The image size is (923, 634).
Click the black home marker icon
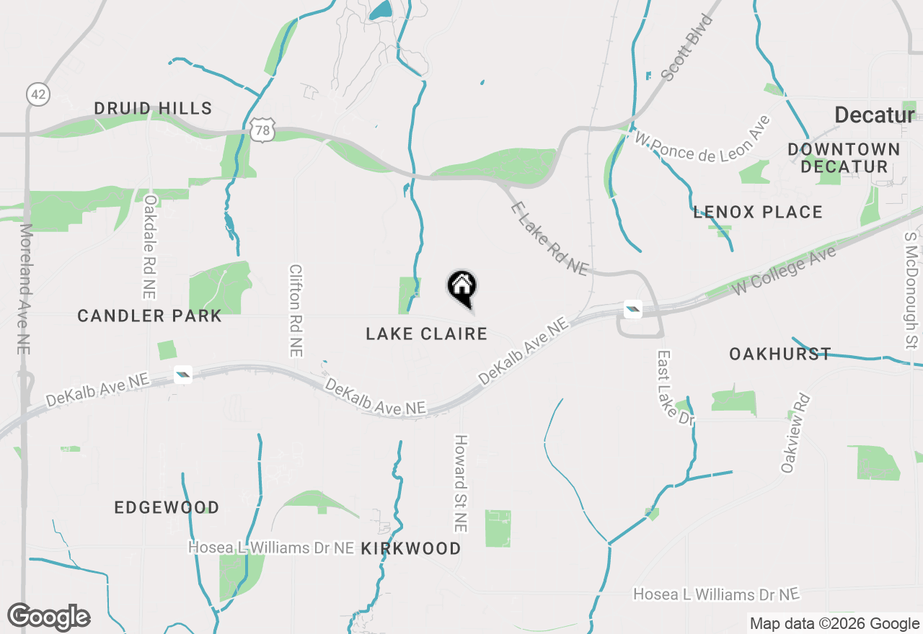click(x=462, y=287)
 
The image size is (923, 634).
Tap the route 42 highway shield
click(x=37, y=94)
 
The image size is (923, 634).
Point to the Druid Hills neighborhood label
click(x=153, y=109)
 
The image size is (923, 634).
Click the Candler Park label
click(x=149, y=316)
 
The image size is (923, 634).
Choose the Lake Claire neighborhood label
click(x=426, y=334)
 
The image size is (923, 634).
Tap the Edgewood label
click(x=167, y=507)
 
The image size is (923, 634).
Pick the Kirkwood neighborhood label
click(x=410, y=549)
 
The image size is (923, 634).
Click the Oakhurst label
click(x=780, y=354)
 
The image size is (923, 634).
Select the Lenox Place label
click(x=758, y=213)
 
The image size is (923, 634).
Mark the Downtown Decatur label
click(x=844, y=158)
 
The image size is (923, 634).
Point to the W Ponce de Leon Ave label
click(x=702, y=140)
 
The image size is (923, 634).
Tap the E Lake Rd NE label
click(x=549, y=238)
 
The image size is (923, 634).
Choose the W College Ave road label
click(x=784, y=270)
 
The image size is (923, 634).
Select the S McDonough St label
click(x=910, y=287)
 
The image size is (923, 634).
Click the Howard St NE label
click(x=461, y=483)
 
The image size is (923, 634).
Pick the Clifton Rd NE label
click(x=295, y=311)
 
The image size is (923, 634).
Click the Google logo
click(x=49, y=617)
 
